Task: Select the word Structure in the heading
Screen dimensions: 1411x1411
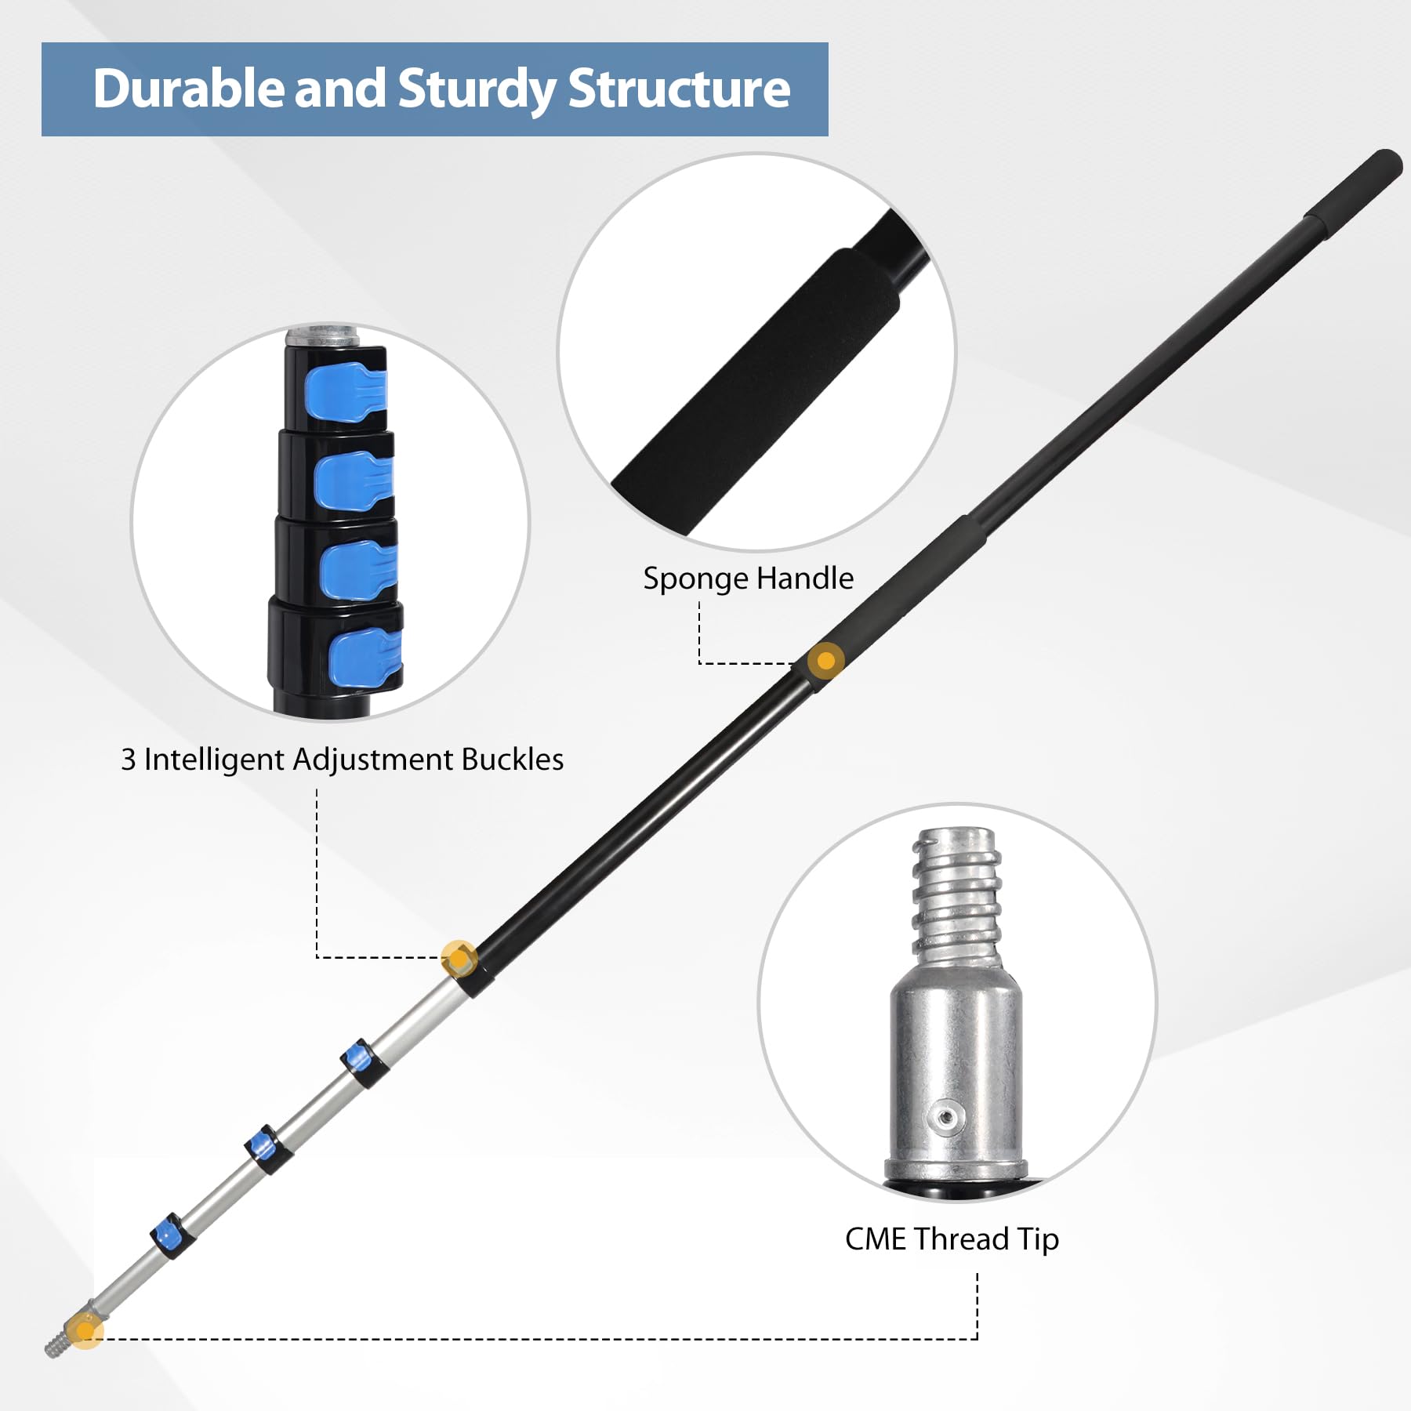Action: (679, 88)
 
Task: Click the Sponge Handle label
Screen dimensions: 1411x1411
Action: (748, 579)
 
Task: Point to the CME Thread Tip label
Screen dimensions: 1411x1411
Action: (952, 1239)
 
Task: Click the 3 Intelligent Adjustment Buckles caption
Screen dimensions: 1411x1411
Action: (342, 760)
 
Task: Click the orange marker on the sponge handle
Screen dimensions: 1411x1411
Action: (825, 661)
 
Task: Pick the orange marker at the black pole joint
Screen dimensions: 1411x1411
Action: (459, 958)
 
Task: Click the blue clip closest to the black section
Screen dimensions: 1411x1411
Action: (361, 1062)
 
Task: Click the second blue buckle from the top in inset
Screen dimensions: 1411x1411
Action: (353, 481)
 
